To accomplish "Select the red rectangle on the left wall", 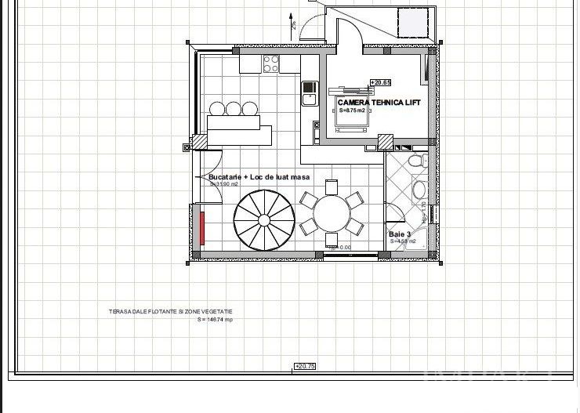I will [202, 227].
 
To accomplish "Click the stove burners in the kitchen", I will [272, 63].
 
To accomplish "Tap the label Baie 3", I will [400, 234].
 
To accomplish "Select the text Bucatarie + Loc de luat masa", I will [259, 177].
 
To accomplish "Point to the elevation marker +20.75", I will [304, 366].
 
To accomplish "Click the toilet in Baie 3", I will [418, 161].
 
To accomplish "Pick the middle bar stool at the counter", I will [233, 108].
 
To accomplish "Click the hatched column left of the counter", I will [200, 141].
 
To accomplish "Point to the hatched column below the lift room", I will [385, 142].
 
